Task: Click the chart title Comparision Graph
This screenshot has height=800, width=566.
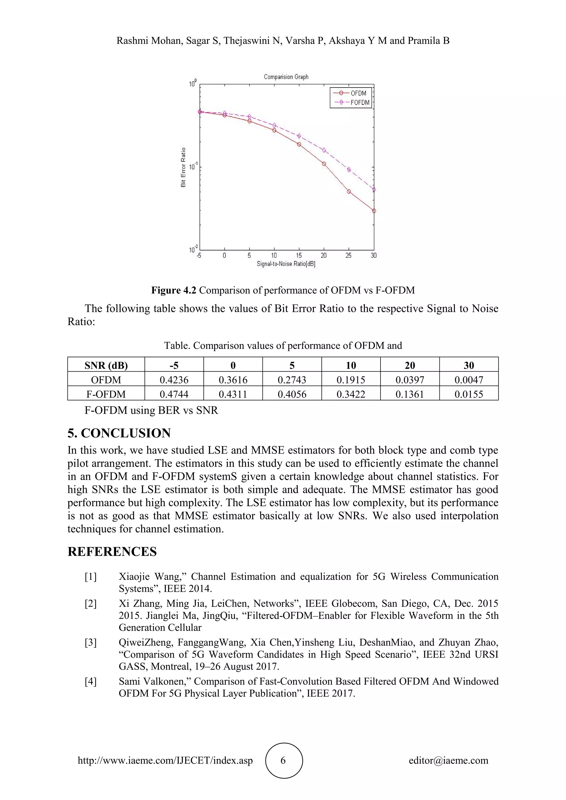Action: (286, 77)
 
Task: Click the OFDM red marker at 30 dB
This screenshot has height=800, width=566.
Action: (374, 211)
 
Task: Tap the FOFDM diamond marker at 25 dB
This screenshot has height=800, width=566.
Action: (349, 170)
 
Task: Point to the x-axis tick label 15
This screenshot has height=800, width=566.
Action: (299, 256)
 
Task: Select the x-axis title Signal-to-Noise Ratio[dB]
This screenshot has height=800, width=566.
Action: (286, 264)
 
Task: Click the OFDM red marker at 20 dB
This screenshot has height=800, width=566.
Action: (324, 164)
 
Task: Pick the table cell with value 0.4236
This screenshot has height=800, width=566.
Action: (174, 380)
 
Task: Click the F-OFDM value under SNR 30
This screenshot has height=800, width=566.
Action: (468, 394)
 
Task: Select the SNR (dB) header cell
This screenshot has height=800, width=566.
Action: (106, 365)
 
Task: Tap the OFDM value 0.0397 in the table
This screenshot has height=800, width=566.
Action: (410, 380)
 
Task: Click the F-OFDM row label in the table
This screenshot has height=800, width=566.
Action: (106, 394)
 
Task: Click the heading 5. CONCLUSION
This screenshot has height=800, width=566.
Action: (119, 433)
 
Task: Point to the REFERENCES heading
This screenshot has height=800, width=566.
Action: (112, 552)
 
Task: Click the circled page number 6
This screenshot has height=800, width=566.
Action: (283, 760)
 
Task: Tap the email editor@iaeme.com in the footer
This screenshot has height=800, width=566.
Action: (448, 760)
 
